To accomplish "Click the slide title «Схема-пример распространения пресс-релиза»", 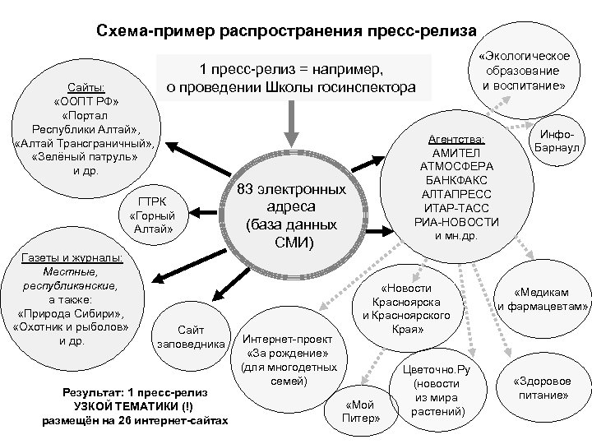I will (x=285, y=30).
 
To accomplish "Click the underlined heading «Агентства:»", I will (x=458, y=139).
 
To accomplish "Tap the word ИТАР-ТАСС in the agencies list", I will (x=458, y=209).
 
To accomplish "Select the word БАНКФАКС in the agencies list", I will (x=458, y=181).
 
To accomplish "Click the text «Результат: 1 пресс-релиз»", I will (x=135, y=370).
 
